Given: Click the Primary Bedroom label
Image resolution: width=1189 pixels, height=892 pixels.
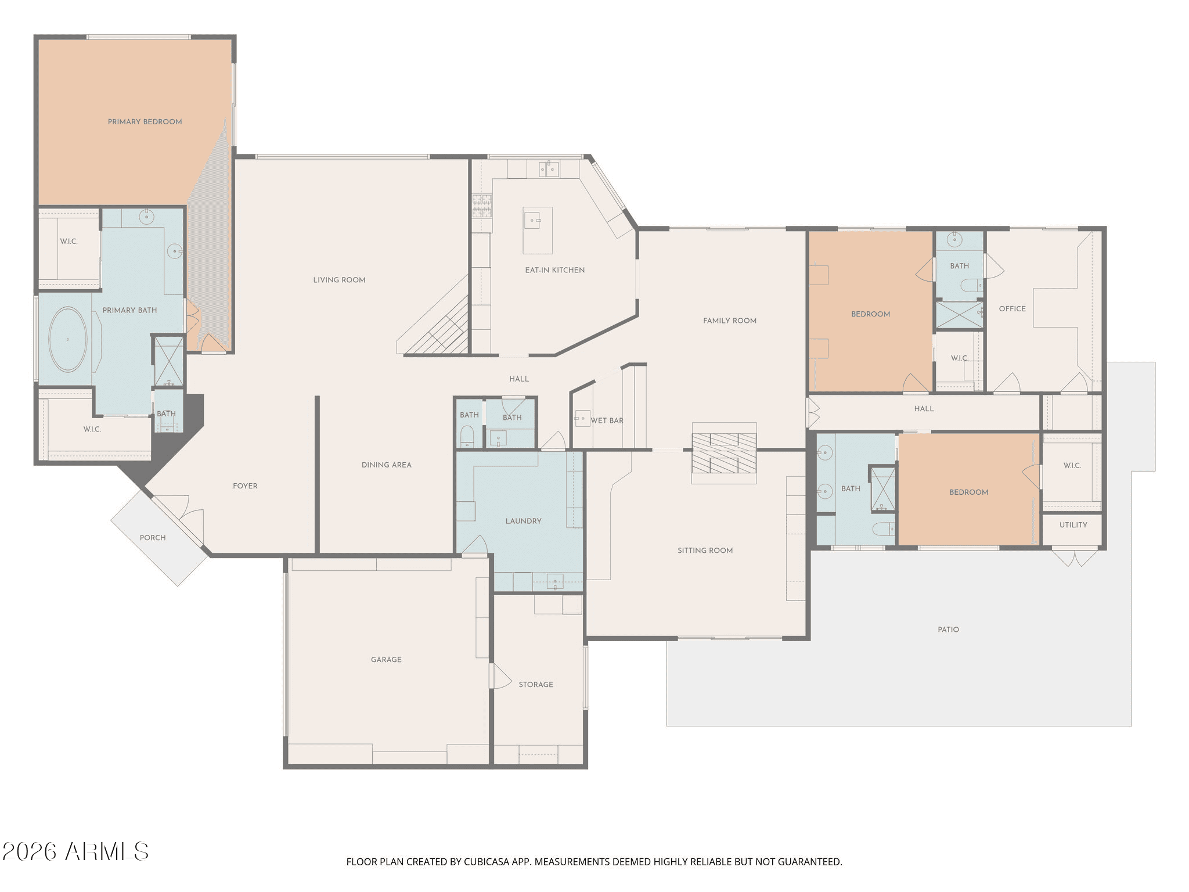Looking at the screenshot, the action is (145, 122).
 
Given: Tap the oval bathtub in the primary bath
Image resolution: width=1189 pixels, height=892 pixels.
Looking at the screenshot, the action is (68, 339).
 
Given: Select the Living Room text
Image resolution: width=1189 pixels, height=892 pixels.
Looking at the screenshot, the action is (339, 280).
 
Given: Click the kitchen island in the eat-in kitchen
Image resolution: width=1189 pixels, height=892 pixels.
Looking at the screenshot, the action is (538, 231).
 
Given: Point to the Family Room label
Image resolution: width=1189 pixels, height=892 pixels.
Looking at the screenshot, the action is (730, 321).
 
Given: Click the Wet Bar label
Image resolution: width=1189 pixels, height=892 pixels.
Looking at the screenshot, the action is (607, 420).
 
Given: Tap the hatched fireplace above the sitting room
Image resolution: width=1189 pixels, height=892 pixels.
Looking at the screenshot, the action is (724, 453).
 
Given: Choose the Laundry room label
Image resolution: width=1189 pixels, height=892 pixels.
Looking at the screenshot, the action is (523, 521).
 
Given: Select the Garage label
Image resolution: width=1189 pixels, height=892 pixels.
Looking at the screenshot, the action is (386, 660).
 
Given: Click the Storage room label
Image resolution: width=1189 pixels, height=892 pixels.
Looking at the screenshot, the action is (536, 685).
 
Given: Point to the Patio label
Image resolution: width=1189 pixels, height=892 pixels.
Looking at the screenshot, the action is (948, 630).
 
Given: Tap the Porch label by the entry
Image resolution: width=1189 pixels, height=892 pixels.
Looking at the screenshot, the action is (153, 538).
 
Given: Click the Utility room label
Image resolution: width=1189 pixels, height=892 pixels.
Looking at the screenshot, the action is (1073, 525).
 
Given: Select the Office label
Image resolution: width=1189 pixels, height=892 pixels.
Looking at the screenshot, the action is (1013, 309).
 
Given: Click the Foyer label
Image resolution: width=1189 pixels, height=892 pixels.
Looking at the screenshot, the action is (245, 486).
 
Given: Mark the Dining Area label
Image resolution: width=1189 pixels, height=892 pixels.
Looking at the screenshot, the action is (386, 465).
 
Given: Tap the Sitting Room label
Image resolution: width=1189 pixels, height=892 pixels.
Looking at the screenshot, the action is (705, 551).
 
